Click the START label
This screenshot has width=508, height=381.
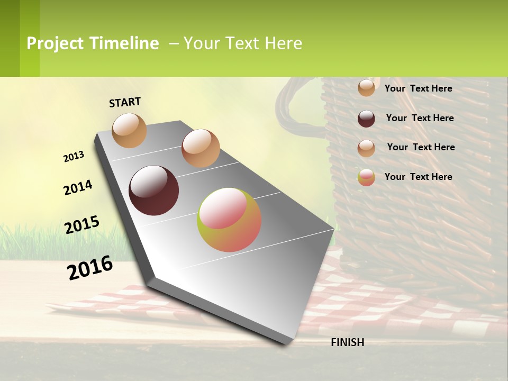(x=125, y=102)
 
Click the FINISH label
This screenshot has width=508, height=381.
(x=347, y=342)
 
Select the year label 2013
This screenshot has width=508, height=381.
(x=74, y=157)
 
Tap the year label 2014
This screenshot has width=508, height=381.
(x=78, y=188)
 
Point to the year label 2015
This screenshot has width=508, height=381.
(x=82, y=225)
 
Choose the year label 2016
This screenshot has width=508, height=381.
(x=90, y=267)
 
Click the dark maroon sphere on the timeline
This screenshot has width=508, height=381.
(x=154, y=190)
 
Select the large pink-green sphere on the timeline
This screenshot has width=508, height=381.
(x=229, y=220)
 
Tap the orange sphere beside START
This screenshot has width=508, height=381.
(x=130, y=130)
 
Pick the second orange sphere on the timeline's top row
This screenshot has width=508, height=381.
(x=201, y=148)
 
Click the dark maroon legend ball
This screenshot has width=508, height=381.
(x=366, y=119)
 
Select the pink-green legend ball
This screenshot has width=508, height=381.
(x=366, y=177)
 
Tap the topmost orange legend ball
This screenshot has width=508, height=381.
(x=366, y=88)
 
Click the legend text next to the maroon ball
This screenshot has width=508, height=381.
(x=420, y=118)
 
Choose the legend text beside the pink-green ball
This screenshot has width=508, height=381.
(x=418, y=177)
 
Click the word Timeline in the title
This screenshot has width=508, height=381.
(x=124, y=43)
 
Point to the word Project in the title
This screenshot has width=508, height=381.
(x=56, y=43)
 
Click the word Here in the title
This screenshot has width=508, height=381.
(x=283, y=43)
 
